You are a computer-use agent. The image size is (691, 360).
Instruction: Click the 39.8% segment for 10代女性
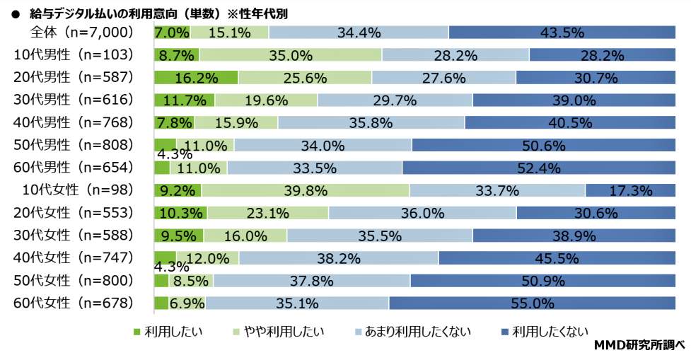pyautogui.click(x=306, y=190)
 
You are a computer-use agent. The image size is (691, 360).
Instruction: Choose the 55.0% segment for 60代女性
pyautogui.click(x=537, y=303)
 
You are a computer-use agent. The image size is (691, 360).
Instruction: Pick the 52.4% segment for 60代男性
pyautogui.click(x=539, y=168)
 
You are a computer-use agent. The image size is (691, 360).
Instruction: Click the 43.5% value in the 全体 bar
pyautogui.click(x=562, y=33)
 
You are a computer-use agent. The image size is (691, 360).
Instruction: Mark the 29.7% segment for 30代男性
pyautogui.click(x=395, y=100)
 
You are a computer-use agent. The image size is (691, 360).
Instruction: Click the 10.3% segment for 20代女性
pyautogui.click(x=180, y=213)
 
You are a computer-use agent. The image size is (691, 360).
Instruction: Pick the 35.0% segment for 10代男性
pyautogui.click(x=290, y=55)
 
